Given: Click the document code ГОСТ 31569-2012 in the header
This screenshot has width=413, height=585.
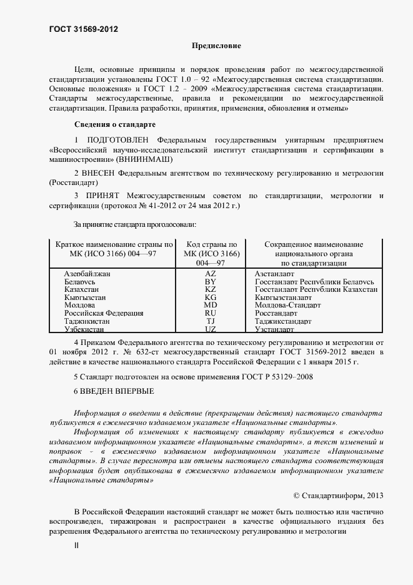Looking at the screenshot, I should click(x=83, y=29).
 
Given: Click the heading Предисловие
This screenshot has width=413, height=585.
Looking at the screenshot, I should click(x=216, y=46).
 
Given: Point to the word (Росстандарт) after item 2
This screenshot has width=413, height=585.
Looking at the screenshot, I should click(x=73, y=183).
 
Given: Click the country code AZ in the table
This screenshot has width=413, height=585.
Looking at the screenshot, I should click(x=210, y=274).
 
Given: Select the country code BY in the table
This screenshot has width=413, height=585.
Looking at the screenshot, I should click(x=210, y=282).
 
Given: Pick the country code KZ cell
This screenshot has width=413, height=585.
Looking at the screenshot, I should click(x=210, y=289).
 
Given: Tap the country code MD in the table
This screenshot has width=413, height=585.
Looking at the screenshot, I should click(x=210, y=305).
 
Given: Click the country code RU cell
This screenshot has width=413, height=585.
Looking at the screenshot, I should click(x=210, y=312).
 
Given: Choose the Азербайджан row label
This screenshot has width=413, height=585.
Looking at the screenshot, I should click(x=87, y=274).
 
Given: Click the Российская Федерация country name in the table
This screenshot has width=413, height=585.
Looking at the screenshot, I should click(x=104, y=312).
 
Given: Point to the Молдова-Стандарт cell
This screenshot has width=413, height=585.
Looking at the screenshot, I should click(x=287, y=305).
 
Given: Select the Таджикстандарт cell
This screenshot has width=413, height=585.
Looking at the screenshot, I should click(x=283, y=320).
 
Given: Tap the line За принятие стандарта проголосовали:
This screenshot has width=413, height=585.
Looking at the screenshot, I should click(x=135, y=224).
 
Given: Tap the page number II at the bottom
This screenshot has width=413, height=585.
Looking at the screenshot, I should click(x=77, y=545).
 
